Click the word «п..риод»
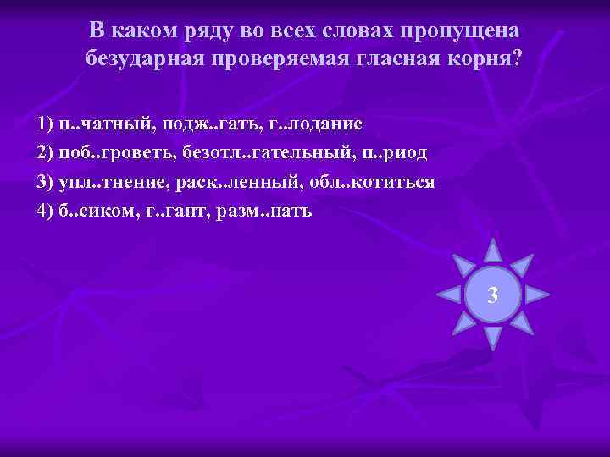coord(391,153)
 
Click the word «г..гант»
coord(176,211)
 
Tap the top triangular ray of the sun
coord(492,249)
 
